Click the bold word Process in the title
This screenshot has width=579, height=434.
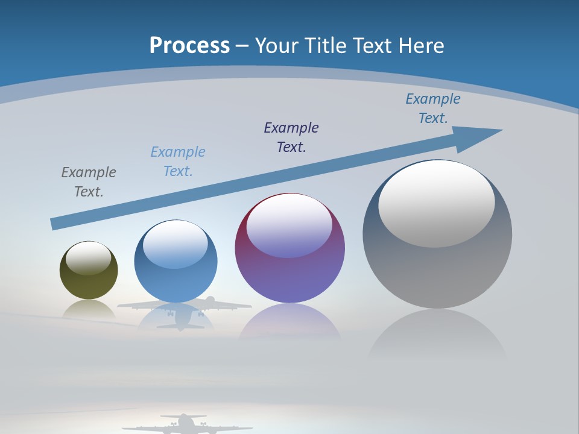click(189, 46)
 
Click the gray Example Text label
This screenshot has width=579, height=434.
click(89, 181)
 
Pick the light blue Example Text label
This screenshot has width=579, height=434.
click(178, 161)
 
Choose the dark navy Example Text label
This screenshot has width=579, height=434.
click(291, 137)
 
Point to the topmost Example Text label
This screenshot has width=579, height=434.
click(433, 108)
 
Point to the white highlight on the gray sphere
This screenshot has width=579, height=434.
click(436, 203)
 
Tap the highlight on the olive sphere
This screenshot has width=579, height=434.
click(88, 258)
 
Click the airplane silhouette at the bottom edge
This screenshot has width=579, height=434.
click(184, 424)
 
